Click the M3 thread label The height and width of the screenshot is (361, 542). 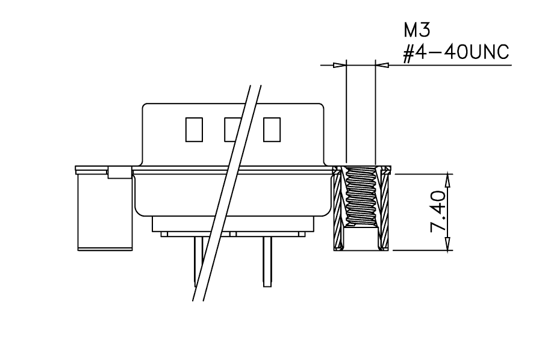click(417, 31)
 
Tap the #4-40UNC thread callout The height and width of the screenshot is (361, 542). click(456, 53)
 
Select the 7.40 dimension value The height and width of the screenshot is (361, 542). click(438, 211)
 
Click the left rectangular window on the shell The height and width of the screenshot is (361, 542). click(194, 129)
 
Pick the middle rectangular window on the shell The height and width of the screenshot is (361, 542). click(232, 129)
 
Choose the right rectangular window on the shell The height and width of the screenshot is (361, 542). click(272, 129)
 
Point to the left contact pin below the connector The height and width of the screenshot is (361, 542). click(198, 262)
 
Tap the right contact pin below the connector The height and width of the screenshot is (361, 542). click(267, 262)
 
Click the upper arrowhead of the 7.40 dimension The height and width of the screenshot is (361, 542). click(448, 180)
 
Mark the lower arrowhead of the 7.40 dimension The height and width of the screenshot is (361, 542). click(448, 243)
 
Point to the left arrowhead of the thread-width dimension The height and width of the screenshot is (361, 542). click(340, 65)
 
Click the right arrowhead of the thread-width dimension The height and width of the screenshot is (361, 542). click(382, 65)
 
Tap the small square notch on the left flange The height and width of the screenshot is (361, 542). click(120, 172)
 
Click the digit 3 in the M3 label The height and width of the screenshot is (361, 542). click(425, 31)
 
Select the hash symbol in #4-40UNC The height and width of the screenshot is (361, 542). click(409, 53)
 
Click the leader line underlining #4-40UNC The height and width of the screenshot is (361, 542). click(450, 65)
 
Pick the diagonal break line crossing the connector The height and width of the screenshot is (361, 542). click(226, 193)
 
